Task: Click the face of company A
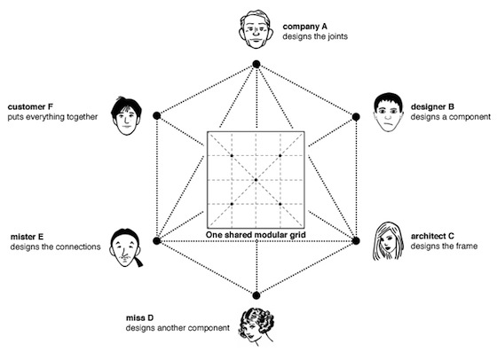[x=256, y=29]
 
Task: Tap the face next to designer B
[x=389, y=112]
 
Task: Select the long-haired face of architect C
[x=388, y=241]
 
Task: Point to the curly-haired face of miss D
[x=256, y=326]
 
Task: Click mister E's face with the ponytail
[x=126, y=247]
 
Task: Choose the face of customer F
[x=126, y=116]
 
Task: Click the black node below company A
[x=256, y=65]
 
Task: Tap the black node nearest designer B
[x=356, y=117]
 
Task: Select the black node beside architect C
[x=356, y=241]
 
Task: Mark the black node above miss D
[x=256, y=296]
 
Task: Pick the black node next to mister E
[x=157, y=241]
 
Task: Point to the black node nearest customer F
[x=157, y=115]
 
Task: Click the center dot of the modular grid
[x=256, y=180]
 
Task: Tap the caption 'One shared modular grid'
[x=256, y=235]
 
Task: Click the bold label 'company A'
[x=305, y=27]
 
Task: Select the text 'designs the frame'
[x=444, y=246]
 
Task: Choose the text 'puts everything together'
[x=52, y=117]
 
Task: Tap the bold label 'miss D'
[x=140, y=318]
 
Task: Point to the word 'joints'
[x=336, y=36]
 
